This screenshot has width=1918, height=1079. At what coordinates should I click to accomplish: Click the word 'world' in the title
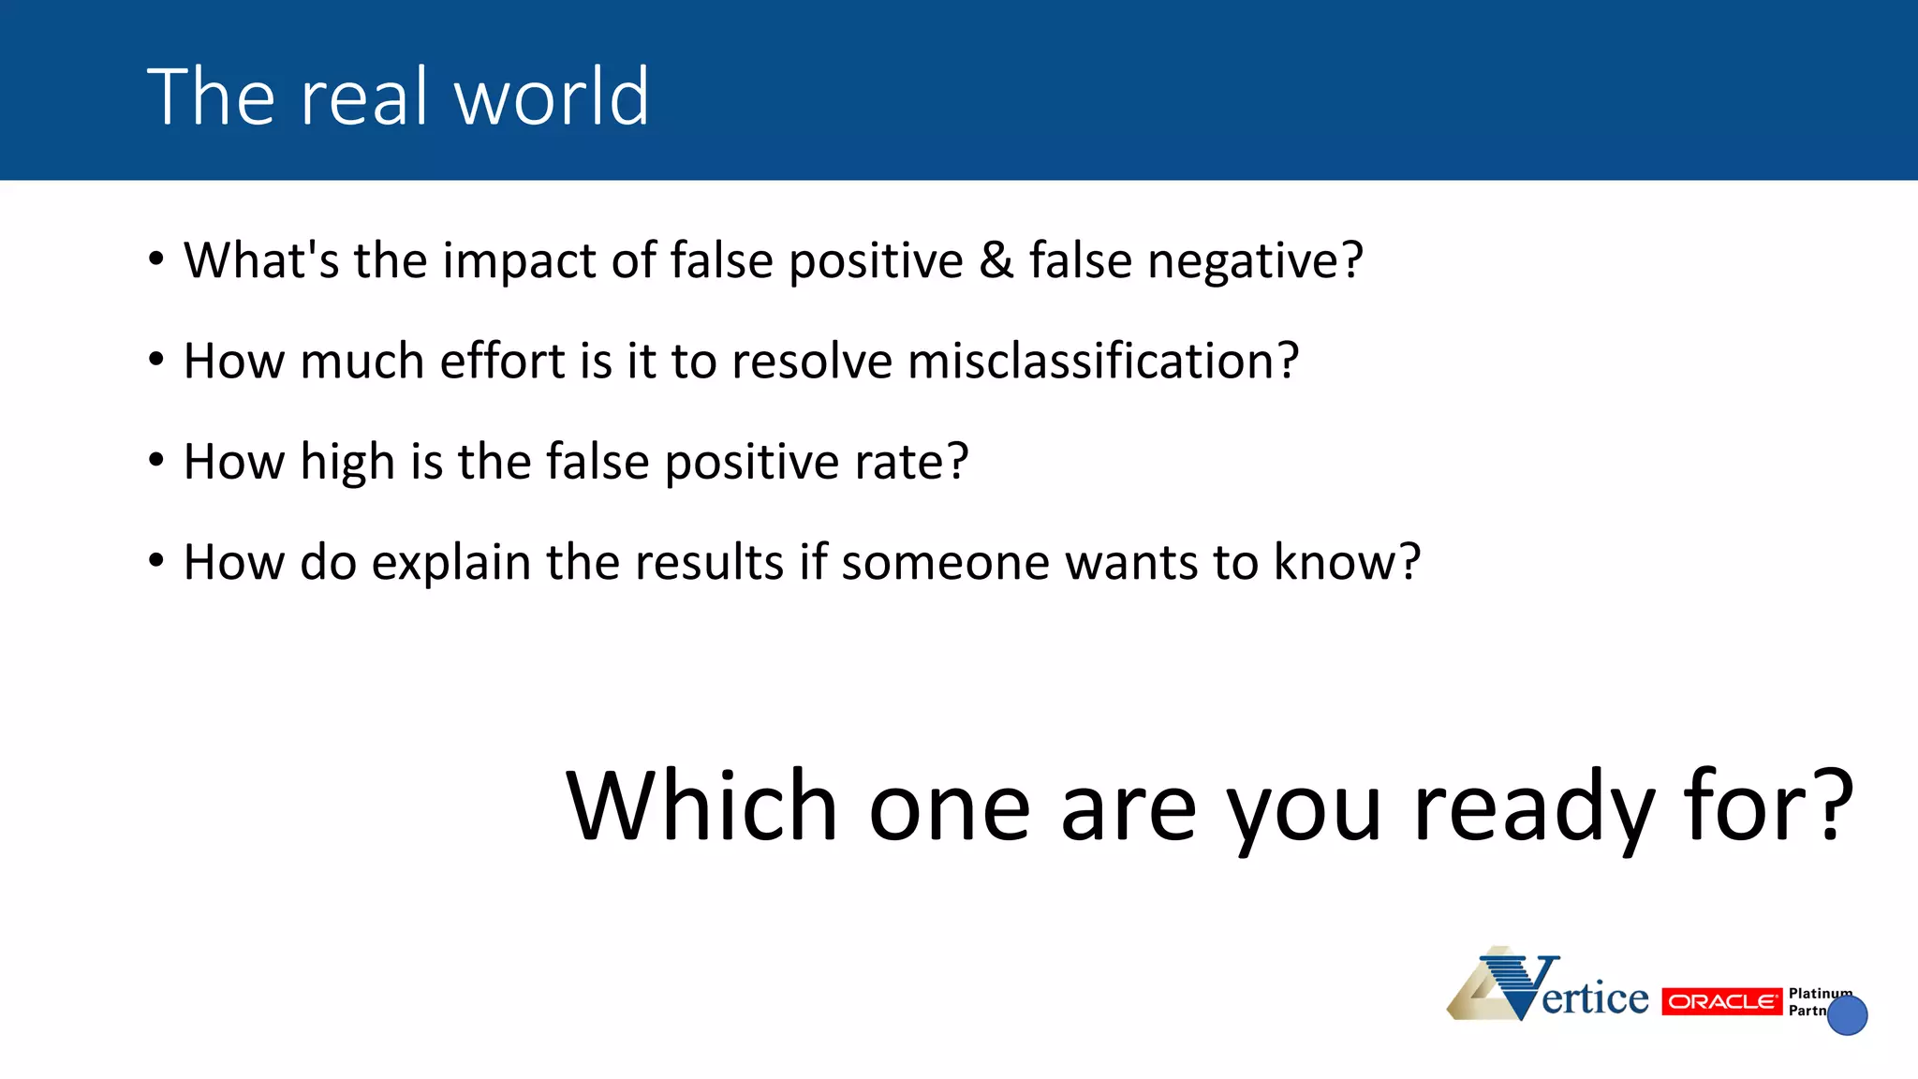[552, 96]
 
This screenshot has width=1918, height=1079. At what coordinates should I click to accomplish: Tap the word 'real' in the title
[356, 96]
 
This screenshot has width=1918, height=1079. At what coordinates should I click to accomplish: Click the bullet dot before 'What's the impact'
[156, 259]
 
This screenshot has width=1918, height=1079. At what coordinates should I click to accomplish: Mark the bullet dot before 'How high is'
[156, 460]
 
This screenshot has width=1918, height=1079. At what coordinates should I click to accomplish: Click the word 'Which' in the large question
[701, 806]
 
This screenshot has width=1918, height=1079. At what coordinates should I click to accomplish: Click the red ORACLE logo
[1721, 1001]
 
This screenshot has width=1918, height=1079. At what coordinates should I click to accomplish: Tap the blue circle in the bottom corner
[1848, 1015]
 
